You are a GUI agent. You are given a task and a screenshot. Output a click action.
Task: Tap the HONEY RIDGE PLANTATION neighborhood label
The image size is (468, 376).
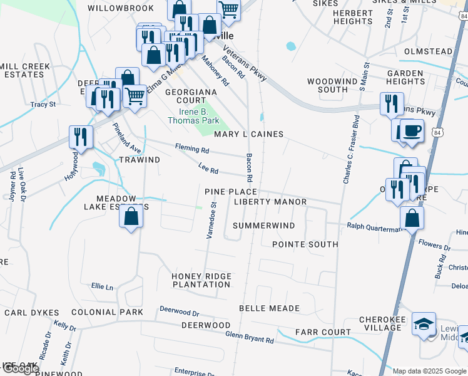tap(201, 280)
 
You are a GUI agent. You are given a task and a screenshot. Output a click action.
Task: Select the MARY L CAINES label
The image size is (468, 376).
tap(248, 134)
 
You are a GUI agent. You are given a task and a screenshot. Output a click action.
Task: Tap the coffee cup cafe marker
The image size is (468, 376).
tap(412, 132)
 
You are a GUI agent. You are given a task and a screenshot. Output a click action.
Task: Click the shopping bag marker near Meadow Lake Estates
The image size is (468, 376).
tap(131, 217)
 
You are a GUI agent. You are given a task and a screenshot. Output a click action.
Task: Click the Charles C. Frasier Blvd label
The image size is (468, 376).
tap(351, 149)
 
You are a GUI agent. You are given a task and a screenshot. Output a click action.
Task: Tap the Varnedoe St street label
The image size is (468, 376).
tap(213, 220)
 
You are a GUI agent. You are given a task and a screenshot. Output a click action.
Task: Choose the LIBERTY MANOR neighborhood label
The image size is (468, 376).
tap(270, 202)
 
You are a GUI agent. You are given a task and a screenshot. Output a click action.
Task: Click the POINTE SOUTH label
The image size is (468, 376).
tap(305, 244)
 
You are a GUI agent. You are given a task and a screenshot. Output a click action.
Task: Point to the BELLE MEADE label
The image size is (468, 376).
tap(269, 308)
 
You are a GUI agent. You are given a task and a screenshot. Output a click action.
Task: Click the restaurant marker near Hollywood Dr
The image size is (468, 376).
tap(81, 137)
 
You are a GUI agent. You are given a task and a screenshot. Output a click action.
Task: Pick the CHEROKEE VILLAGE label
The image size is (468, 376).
tap(380, 323)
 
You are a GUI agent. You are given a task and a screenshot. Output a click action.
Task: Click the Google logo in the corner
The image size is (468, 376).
tap(20, 368)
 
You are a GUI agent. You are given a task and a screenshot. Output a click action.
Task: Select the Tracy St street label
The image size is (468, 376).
tap(43, 104)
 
